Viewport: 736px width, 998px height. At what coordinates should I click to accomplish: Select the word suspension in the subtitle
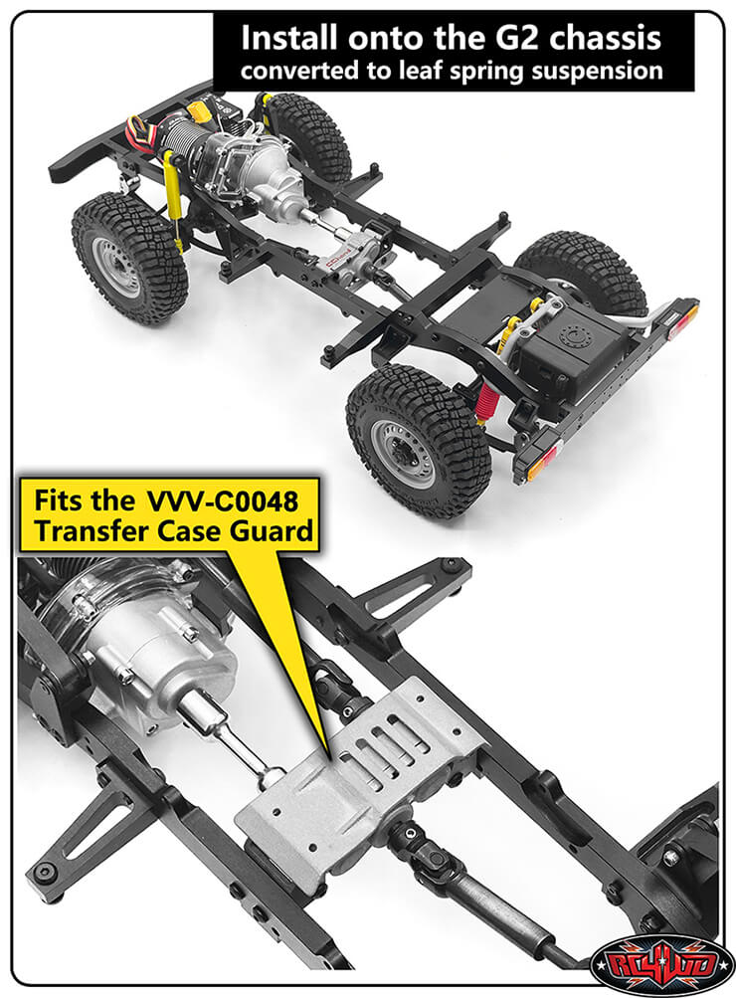[x=608, y=72]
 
